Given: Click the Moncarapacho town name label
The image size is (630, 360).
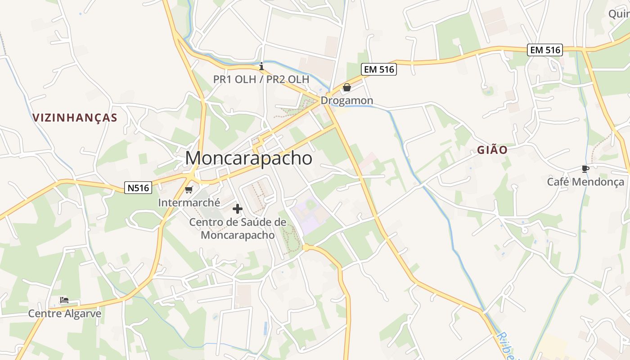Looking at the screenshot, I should (x=248, y=158).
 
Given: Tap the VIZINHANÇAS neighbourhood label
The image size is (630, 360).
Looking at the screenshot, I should (x=75, y=118).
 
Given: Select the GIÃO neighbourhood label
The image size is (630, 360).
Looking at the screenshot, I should (x=492, y=150).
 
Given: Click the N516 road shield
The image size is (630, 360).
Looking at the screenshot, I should (x=138, y=188).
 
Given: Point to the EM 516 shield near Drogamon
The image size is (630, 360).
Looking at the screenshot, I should (x=378, y=69).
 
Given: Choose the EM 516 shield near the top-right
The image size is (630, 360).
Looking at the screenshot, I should (x=545, y=50).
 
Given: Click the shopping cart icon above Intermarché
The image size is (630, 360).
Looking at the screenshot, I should (x=189, y=190).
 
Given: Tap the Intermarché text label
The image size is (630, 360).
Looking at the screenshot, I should (x=189, y=203).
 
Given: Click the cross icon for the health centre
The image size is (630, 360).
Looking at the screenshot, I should (x=237, y=209).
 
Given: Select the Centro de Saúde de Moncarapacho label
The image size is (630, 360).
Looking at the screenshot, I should (x=238, y=229).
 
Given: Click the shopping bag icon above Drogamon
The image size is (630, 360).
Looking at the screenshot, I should (x=346, y=87).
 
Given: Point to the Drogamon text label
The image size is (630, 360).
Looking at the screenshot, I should (x=346, y=101).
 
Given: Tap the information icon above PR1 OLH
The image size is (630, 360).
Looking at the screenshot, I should (x=261, y=67).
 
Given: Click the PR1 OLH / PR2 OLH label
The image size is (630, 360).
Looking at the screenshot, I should (x=261, y=80).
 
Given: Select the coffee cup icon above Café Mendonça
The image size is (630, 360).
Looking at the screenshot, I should (x=585, y=169).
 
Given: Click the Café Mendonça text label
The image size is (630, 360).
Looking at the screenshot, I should (x=585, y=182).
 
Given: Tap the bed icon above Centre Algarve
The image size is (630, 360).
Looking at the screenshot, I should (x=64, y=300).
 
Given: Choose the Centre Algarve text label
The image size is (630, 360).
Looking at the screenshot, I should (x=65, y=314).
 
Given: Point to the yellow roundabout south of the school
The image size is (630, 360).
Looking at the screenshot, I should (x=306, y=247).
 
